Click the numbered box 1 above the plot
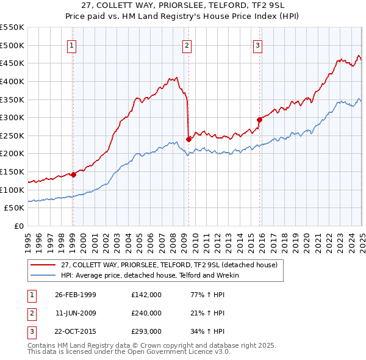coord(72,45)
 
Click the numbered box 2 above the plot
coord(187,45)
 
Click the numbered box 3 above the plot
coord(258,45)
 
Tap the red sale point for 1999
coord(73,175)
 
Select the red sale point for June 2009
coord(188,139)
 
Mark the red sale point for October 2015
coord(259,120)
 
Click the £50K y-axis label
coord(14,208)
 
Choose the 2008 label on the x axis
coord(173,239)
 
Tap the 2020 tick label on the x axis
coord(307,239)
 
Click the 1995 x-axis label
coord(29,239)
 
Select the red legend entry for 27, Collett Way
coord(169,265)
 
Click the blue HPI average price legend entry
coord(150,275)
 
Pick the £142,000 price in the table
coord(146,294)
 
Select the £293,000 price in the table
coord(146,332)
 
